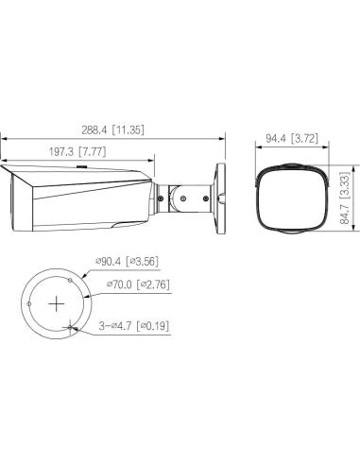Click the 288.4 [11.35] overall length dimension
point(112,129)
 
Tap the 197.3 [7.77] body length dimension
point(77,152)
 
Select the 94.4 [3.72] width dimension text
point(292,138)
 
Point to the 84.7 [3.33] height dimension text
point(345,198)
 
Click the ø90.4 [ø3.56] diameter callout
point(127,261)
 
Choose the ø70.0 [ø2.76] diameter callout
point(138,284)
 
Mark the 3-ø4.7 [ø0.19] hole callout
point(134,326)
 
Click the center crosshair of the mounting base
point(57,304)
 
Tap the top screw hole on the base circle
point(70,280)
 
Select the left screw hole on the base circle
point(29,304)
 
